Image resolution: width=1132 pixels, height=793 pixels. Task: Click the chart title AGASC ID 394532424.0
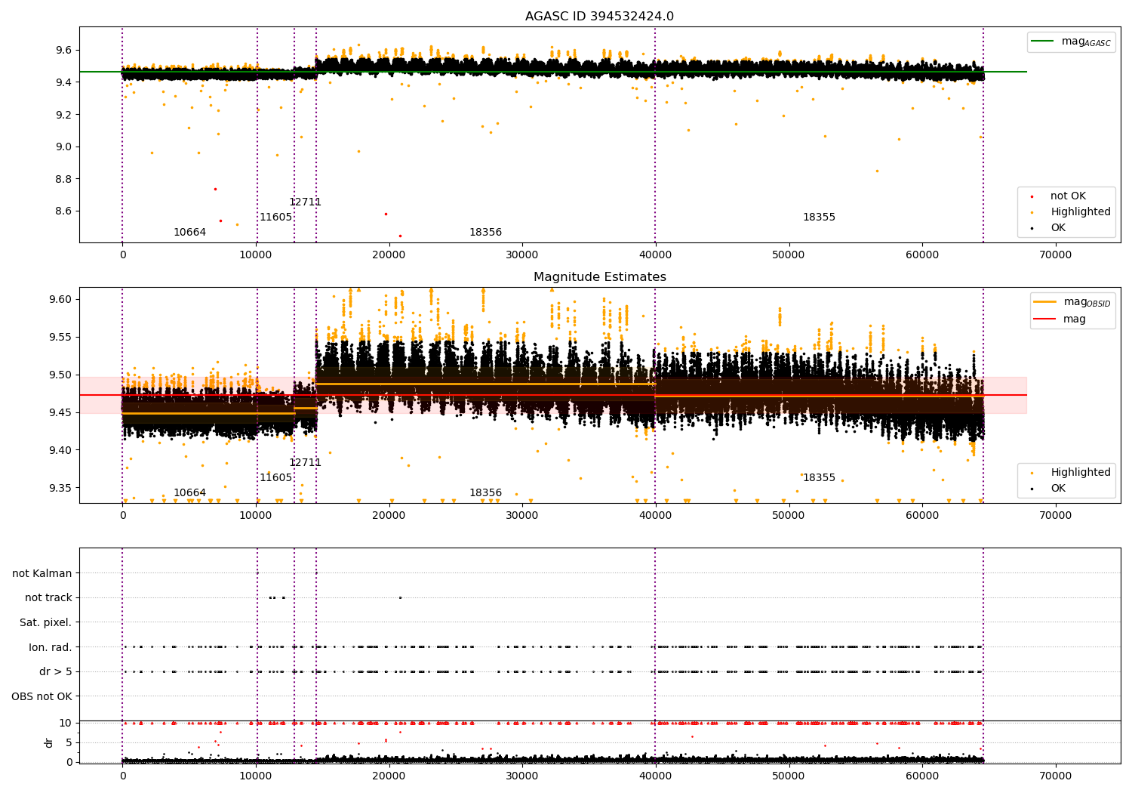point(599,17)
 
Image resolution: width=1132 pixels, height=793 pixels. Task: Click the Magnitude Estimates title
point(599,277)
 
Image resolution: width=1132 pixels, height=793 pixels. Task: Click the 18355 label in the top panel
point(819,218)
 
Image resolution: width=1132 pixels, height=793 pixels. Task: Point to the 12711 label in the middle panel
point(305,463)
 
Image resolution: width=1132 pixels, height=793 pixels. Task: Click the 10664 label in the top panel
point(189,233)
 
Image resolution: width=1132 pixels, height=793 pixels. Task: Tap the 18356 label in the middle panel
point(485,493)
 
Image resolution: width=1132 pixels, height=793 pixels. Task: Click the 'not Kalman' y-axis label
point(42,573)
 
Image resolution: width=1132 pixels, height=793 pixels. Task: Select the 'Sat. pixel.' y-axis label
point(45,622)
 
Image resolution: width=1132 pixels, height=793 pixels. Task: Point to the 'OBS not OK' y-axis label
point(42,696)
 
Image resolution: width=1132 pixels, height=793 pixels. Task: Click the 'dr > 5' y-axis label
point(55,671)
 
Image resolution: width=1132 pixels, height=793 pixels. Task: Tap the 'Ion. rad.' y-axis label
point(51,647)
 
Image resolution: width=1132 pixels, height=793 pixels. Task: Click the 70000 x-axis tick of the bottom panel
point(1055,776)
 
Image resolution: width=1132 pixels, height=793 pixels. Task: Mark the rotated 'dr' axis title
point(49,742)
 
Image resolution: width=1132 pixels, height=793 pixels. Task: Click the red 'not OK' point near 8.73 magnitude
point(215,189)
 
